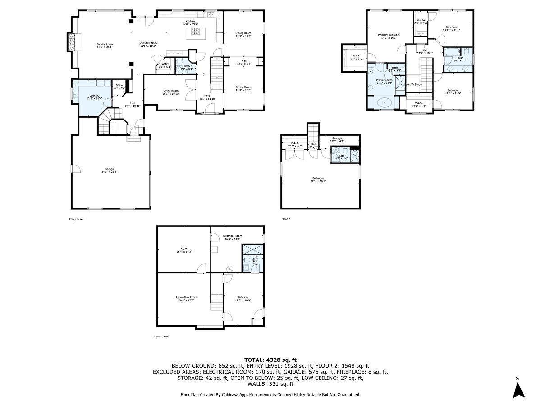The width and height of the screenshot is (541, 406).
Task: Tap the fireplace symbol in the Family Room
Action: pyautogui.click(x=71, y=42)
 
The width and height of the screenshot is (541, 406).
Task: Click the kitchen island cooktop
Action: pyautogui.click(x=197, y=31)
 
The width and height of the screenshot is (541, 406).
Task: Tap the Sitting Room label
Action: pyautogui.click(x=243, y=88)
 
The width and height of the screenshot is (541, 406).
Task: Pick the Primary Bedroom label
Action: pyautogui.click(x=388, y=36)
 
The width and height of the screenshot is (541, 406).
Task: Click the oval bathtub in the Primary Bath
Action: pyautogui.click(x=384, y=102)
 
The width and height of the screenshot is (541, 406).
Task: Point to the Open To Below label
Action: pyautogui.click(x=413, y=84)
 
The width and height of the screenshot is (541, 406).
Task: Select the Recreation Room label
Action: pyautogui.click(x=186, y=298)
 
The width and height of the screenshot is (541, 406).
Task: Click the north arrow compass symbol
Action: pyautogui.click(x=519, y=390)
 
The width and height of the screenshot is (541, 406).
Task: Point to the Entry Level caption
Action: pyautogui.click(x=76, y=219)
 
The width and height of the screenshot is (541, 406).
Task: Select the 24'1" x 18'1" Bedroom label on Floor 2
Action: pyautogui.click(x=317, y=180)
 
